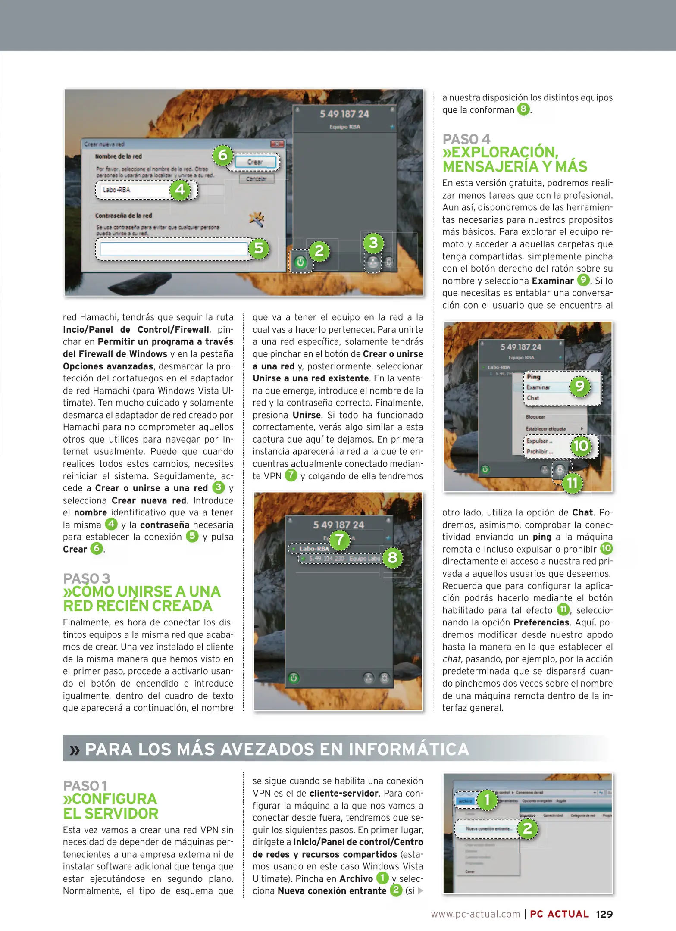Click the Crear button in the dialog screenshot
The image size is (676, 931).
pos(255,162)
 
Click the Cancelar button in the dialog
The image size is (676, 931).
pos(257,178)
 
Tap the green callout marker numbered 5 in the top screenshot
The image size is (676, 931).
pos(259,248)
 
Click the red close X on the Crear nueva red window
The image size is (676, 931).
pos(277,144)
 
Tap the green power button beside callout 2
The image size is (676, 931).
pos(300,262)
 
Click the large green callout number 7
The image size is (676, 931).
pos(340,539)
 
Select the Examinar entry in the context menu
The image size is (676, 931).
pos(538,387)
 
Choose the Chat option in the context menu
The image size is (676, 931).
pos(533,398)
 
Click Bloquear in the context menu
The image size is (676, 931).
pos(535,417)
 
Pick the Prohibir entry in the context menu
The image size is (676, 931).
pos(537,452)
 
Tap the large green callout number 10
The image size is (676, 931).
pos(580,445)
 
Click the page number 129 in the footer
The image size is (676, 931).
pos(604,914)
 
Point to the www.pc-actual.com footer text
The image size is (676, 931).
pos(476,914)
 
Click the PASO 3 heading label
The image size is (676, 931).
pos(86,578)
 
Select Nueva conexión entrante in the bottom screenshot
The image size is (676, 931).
pos(488,828)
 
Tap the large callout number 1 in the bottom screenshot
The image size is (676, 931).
pos(487,800)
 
